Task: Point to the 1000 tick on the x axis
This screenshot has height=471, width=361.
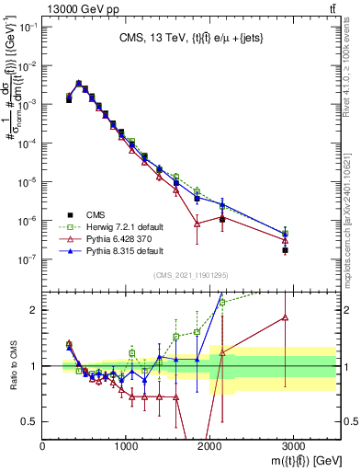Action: (x=127, y=446)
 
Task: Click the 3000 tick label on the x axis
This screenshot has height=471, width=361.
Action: (x=295, y=446)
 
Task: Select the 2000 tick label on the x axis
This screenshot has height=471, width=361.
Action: (x=210, y=446)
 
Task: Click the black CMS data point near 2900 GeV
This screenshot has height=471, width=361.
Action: (x=286, y=249)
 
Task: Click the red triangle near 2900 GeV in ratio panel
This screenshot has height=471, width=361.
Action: (x=286, y=317)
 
